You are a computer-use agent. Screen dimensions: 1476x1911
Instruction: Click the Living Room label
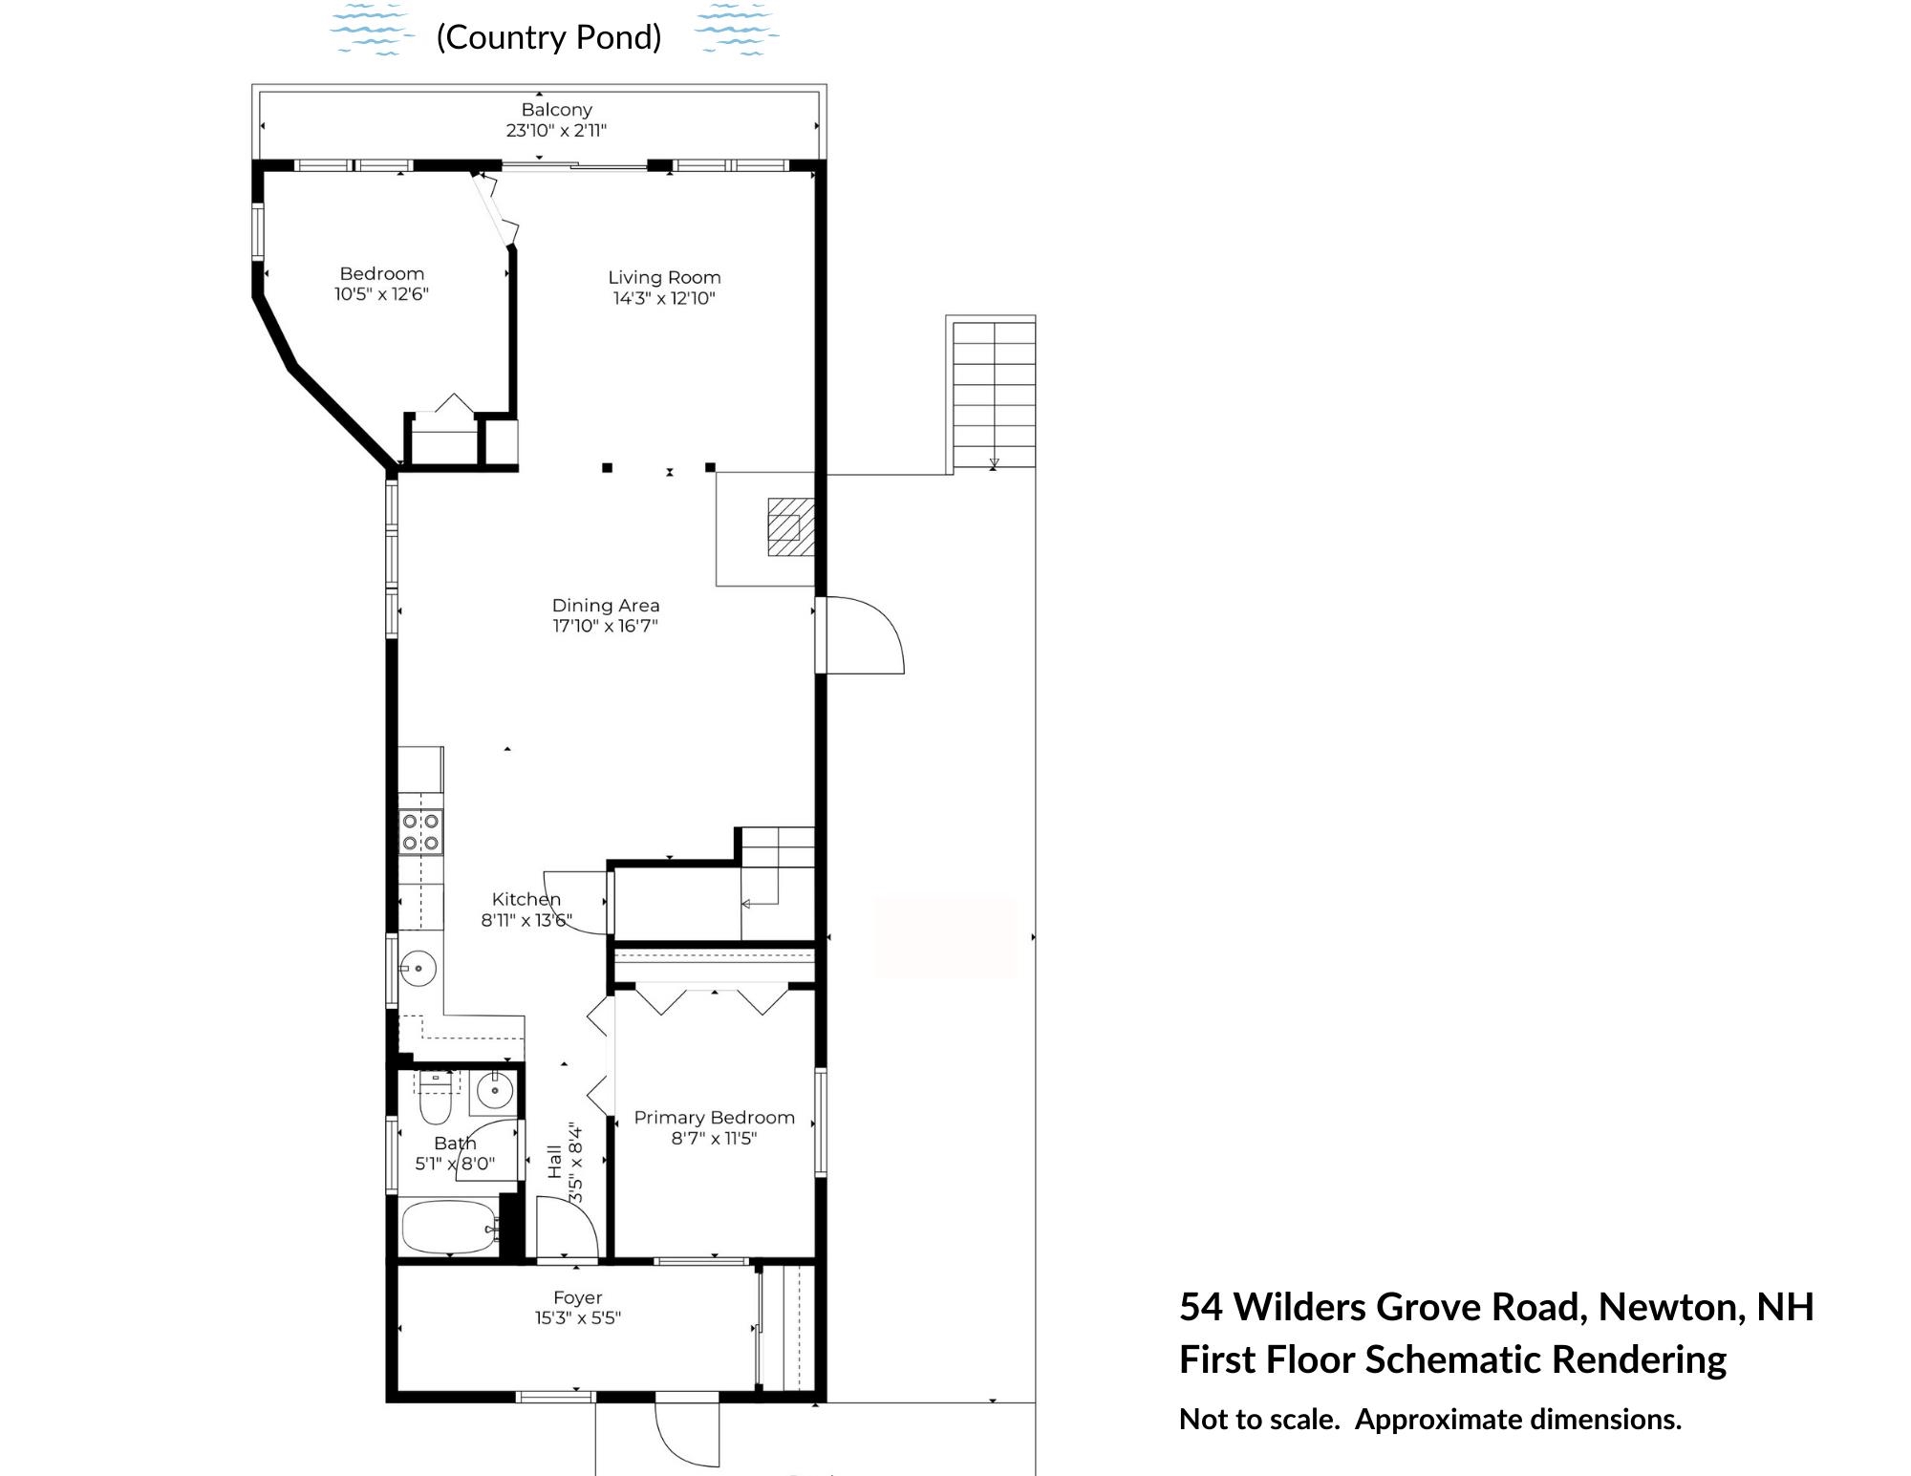[x=664, y=277]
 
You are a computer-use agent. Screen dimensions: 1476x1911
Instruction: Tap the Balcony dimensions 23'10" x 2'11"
[x=556, y=131]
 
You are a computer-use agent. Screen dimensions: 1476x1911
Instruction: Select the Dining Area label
[x=606, y=605]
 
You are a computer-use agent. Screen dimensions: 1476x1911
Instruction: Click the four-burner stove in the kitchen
[x=420, y=831]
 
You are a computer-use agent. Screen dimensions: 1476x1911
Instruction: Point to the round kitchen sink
[x=418, y=969]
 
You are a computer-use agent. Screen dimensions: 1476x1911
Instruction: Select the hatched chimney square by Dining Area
[x=789, y=526]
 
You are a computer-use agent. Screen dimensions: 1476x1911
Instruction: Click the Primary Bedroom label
[x=714, y=1117]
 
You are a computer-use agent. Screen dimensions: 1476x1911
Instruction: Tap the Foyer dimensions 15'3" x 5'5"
[x=577, y=1318]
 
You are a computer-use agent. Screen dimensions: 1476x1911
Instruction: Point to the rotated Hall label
[x=554, y=1162]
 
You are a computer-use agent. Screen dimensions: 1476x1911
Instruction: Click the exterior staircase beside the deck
[x=994, y=394]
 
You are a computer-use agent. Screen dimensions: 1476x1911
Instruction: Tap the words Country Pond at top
[x=548, y=37]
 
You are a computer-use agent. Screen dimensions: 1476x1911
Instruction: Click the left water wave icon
[x=371, y=29]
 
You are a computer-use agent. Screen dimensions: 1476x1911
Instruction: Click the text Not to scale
[x=1258, y=1420]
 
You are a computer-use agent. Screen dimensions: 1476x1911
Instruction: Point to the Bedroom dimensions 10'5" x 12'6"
[x=381, y=294]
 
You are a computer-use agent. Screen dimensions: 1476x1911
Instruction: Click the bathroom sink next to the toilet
[x=494, y=1089]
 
